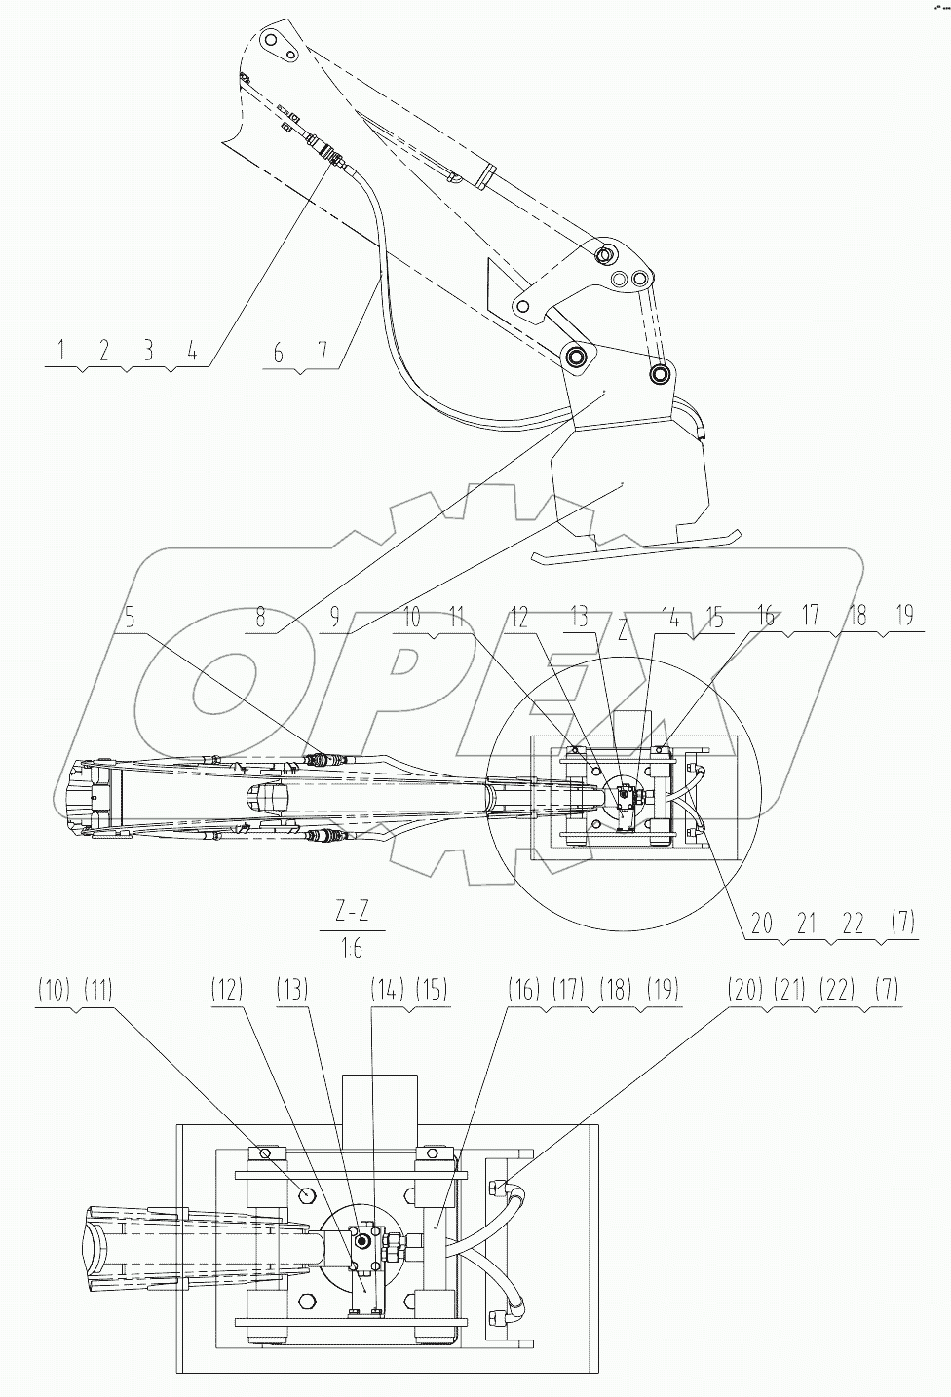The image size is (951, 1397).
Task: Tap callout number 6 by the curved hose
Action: [279, 353]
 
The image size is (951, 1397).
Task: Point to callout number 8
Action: [260, 618]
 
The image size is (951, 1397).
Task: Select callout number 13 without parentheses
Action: [580, 618]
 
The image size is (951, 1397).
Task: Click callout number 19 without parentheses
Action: [905, 618]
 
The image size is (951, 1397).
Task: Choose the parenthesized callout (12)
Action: [225, 991]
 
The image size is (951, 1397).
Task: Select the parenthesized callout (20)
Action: [743, 991]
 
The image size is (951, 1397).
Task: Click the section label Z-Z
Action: [352, 914]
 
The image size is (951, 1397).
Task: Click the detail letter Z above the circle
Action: [622, 629]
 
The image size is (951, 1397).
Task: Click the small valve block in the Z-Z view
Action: [365, 1241]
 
